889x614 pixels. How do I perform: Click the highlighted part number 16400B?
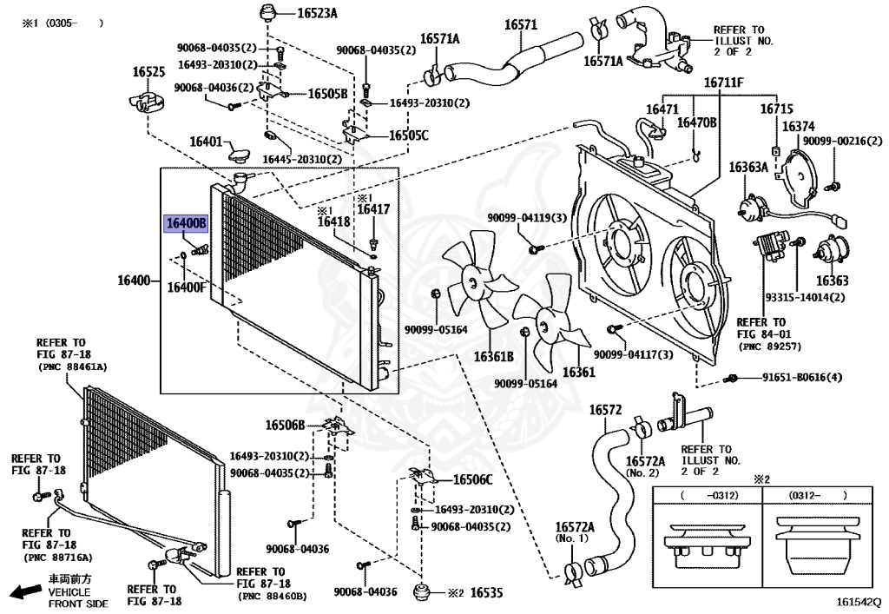coord(186,223)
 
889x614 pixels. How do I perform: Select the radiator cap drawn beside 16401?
coord(240,153)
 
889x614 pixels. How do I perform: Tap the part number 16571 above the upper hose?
coord(521,24)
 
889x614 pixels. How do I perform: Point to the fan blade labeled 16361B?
coord(477,281)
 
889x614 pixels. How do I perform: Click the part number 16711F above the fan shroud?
coord(723,83)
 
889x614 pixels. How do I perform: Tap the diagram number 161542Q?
coord(859,601)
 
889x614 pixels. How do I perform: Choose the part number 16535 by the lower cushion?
coord(486,593)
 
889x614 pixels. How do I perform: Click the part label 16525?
coord(148,72)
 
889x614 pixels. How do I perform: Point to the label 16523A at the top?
coord(318,13)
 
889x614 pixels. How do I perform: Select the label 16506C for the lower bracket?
coord(473,480)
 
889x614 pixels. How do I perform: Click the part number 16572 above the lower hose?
coord(605,409)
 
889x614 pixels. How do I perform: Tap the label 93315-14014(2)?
coord(805,297)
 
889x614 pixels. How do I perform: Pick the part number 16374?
coord(799,127)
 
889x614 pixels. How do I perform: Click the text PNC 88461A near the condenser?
coord(73,366)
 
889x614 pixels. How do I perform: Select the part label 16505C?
coord(409,135)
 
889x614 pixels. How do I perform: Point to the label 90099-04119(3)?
coord(527,217)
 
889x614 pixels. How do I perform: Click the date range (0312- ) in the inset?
coord(817,496)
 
